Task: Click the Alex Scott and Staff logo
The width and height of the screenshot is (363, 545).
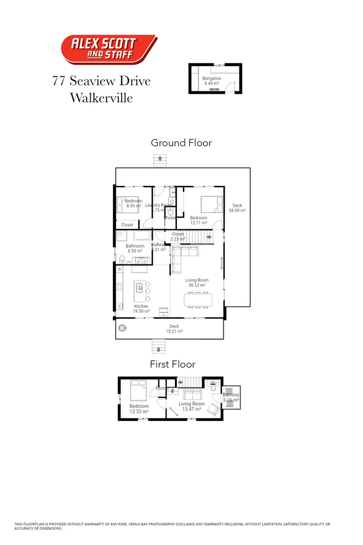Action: pos(108,49)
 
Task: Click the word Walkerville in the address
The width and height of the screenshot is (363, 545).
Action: pos(101,97)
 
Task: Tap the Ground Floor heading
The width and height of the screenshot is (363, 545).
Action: pos(181,143)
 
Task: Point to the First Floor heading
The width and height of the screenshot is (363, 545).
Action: pos(172,364)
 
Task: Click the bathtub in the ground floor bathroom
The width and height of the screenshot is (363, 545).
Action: pos(142,236)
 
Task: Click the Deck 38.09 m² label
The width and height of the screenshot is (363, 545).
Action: pos(237,208)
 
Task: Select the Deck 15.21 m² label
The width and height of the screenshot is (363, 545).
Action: pos(174,329)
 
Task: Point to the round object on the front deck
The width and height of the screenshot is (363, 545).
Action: pos(122,327)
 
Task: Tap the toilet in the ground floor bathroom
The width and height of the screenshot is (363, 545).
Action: pos(122,259)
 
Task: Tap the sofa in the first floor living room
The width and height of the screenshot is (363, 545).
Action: pos(192,394)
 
